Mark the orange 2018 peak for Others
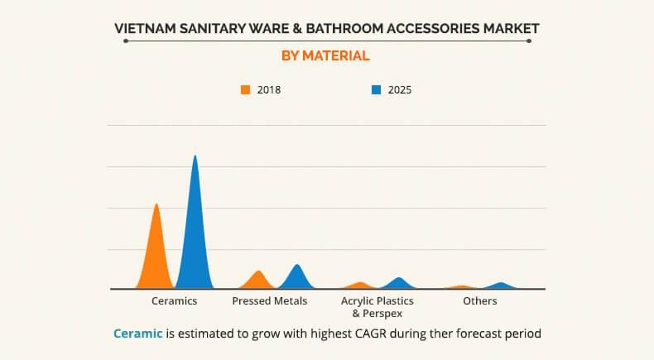click(x=462, y=287)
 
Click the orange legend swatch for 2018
click(x=246, y=89)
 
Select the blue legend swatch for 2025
click(x=376, y=89)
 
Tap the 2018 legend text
click(x=269, y=89)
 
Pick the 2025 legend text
click(x=399, y=89)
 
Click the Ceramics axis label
click(x=174, y=301)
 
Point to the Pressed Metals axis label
click(x=270, y=301)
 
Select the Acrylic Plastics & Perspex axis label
click(x=377, y=307)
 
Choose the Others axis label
click(x=480, y=301)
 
